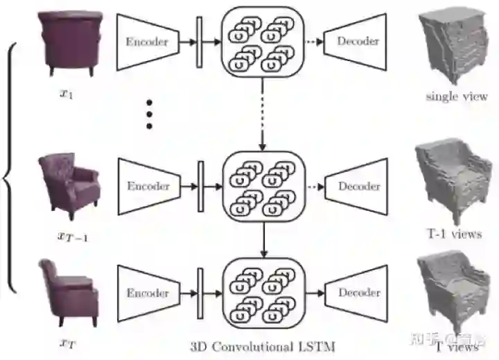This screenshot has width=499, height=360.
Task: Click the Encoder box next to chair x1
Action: coord(146,42)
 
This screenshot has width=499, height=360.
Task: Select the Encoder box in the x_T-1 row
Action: coord(148,186)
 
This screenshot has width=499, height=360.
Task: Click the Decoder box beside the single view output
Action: coord(358,42)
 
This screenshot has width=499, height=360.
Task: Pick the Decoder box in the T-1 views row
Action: coord(358,186)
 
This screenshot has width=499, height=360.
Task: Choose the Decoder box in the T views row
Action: coord(358,293)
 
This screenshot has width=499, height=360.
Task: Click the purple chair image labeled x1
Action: coord(71,41)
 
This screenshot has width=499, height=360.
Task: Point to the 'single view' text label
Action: coord(456,96)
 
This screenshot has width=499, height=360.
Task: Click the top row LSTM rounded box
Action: coord(262,42)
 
